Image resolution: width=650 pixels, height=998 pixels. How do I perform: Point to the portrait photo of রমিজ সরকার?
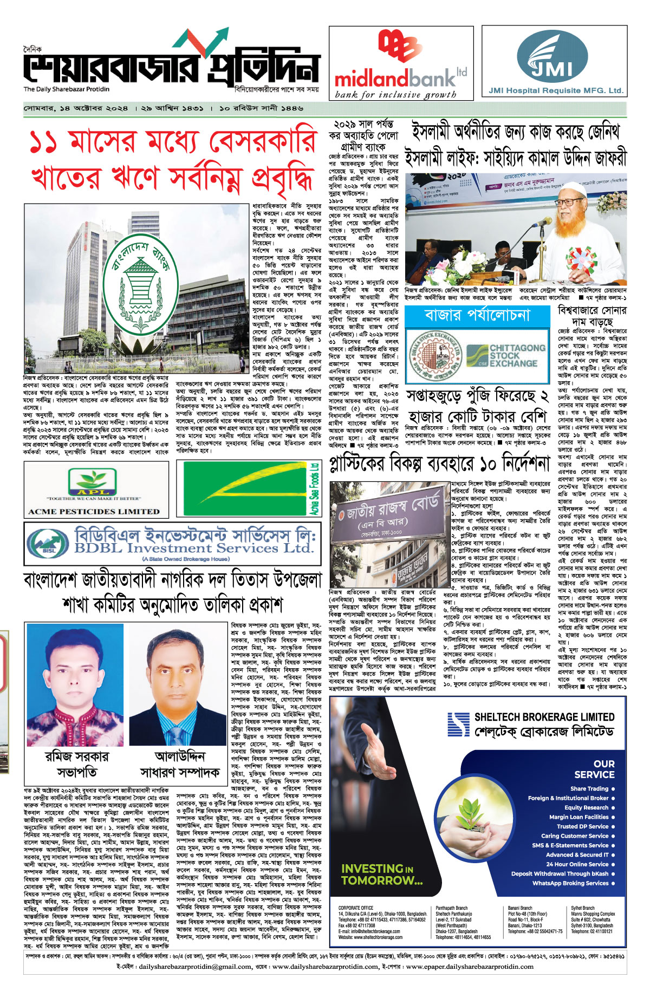75,686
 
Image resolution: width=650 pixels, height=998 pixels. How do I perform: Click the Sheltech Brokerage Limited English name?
544,717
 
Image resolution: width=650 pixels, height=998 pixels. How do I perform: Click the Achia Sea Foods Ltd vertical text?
315,489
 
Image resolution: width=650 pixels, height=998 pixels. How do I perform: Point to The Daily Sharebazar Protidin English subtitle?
67,89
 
